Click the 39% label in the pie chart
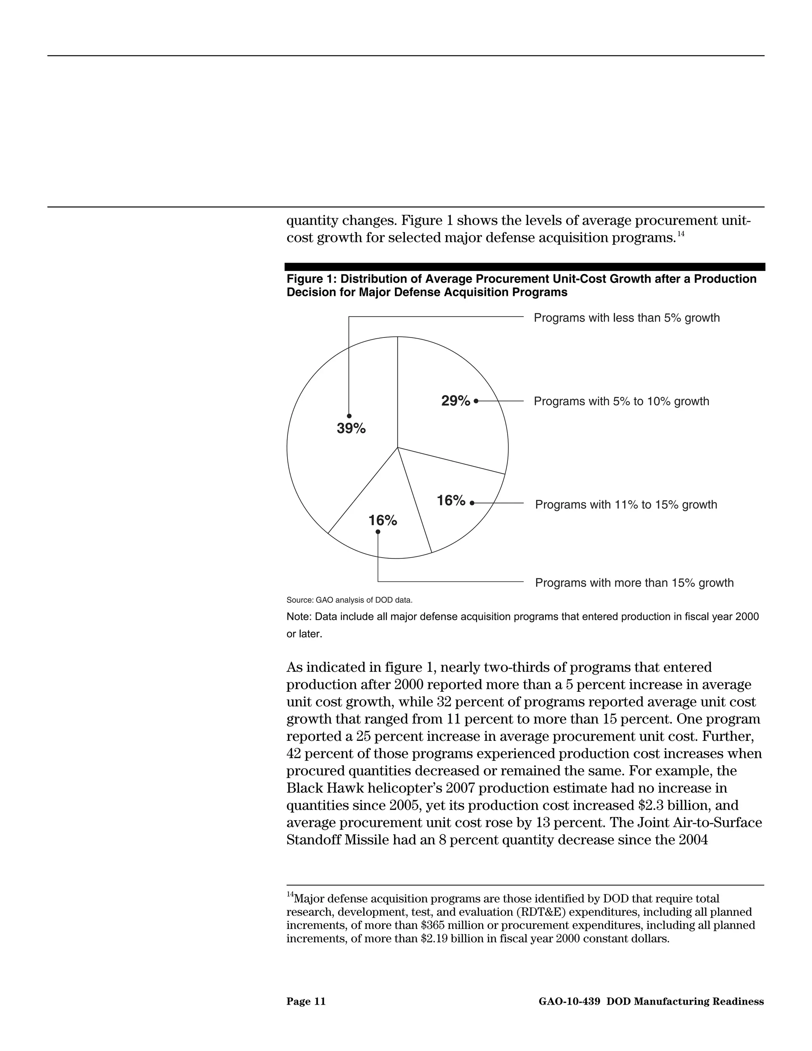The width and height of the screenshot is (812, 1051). [351, 428]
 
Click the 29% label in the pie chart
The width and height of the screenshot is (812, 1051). [456, 401]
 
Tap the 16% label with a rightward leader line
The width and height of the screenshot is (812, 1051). [451, 501]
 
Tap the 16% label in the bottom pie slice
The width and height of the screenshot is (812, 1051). [383, 520]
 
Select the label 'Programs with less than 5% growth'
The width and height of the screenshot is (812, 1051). [626, 318]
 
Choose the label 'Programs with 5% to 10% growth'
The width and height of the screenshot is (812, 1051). [621, 401]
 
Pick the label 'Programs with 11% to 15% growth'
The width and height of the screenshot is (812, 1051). [626, 505]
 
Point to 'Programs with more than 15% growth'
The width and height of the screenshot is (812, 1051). [634, 583]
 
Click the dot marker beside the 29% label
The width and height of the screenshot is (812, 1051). [476, 401]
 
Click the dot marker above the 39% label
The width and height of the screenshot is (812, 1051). [349, 416]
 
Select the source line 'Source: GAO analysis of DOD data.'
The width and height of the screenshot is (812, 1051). [349, 600]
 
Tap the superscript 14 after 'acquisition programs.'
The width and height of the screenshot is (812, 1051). [681, 234]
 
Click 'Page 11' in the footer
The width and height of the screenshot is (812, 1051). [306, 1001]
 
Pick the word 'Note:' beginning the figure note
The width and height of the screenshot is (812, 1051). [298, 617]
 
